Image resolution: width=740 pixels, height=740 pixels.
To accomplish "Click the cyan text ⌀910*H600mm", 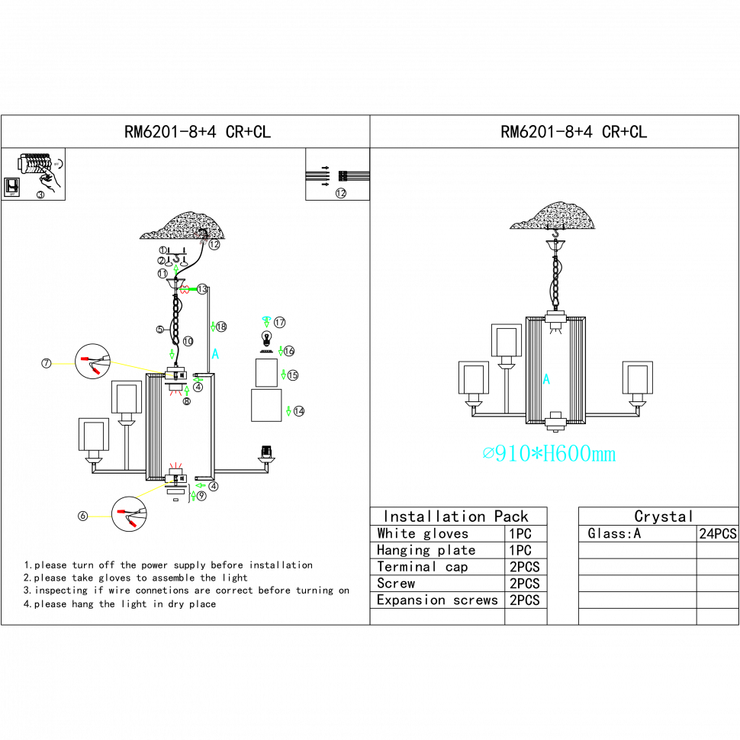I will coord(549,454).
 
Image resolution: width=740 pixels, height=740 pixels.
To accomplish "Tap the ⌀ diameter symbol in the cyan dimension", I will coord(488,454).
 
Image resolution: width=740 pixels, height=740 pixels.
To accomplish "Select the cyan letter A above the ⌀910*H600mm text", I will coord(546,379).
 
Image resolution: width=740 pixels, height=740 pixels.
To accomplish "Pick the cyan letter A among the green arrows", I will coord(215,354).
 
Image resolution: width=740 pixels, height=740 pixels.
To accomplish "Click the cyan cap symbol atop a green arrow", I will coord(266,318).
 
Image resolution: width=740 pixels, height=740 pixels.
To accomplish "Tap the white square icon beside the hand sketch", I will coord(11,187).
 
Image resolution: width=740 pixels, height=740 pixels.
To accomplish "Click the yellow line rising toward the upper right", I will coord(154,489).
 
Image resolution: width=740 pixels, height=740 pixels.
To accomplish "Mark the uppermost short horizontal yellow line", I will coord(63,364).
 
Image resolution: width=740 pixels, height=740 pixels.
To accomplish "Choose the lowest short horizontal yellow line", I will coord(99,516).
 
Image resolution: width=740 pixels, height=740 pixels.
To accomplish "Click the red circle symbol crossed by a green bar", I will coord(185,290).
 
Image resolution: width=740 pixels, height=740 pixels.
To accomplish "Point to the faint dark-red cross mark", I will coord(201,238).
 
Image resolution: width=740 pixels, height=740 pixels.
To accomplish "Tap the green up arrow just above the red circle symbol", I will coord(176,269).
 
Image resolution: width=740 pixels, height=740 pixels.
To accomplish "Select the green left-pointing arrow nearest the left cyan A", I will coord(198,380).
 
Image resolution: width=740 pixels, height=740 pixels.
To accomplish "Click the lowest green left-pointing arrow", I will coord(200,485).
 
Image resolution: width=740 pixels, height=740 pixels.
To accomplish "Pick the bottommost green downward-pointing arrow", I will coord(288,411).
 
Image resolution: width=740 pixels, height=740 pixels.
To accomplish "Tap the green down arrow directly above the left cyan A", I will coord(213,327).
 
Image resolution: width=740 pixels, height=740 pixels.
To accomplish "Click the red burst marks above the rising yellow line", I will coord(175,465).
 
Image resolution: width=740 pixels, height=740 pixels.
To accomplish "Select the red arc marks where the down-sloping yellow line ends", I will coord(175,394).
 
